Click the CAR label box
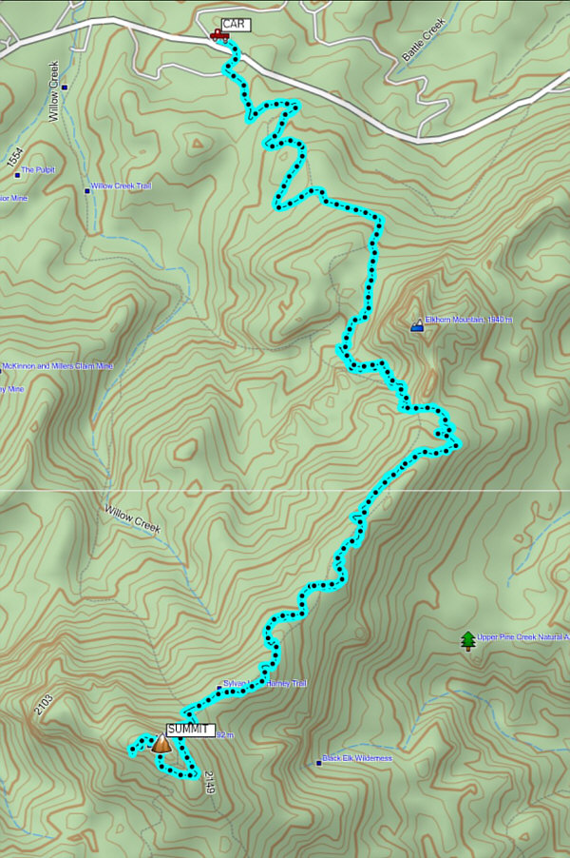(x=235, y=25)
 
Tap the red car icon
(x=219, y=35)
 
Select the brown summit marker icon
(x=161, y=744)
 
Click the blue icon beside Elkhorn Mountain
(x=416, y=326)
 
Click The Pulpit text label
(x=40, y=169)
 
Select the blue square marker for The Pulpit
(x=17, y=170)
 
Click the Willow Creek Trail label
(x=121, y=186)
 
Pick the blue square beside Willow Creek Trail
(x=87, y=190)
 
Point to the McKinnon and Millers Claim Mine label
(x=58, y=366)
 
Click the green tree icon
(x=466, y=641)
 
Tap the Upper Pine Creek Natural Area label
(x=523, y=638)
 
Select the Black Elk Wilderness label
(x=356, y=758)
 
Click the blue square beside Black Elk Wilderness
(x=318, y=762)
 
